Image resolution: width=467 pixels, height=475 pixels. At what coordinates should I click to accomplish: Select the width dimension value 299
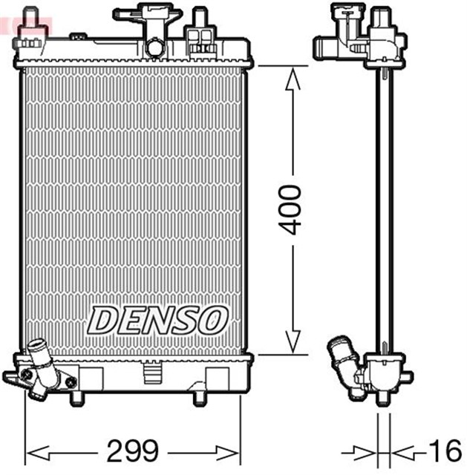click(134, 451)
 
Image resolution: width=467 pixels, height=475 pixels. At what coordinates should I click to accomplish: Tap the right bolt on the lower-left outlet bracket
click(71, 381)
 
